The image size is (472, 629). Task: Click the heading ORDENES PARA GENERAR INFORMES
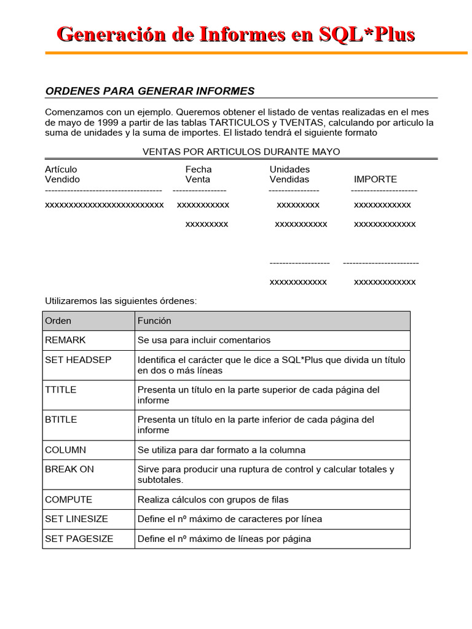(x=149, y=91)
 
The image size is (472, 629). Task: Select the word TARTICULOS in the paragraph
(x=235, y=122)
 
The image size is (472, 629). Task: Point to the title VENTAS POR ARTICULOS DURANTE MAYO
(x=241, y=151)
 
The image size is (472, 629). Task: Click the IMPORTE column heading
(x=375, y=179)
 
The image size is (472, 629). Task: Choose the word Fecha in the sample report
(x=199, y=169)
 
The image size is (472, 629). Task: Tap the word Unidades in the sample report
(x=289, y=169)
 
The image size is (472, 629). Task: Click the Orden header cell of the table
(x=58, y=321)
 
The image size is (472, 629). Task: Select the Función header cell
(x=154, y=321)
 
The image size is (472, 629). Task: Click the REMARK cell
(x=66, y=340)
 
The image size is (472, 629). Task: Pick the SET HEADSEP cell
(x=78, y=359)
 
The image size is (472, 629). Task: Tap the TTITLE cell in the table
(x=61, y=389)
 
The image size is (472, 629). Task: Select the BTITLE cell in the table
(x=61, y=420)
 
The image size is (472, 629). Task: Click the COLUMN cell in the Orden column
(x=66, y=450)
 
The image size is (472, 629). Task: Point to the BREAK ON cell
(x=69, y=469)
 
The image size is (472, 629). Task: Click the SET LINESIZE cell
(x=76, y=519)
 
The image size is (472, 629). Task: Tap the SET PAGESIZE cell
(x=79, y=539)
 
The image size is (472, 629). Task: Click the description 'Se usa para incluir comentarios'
(x=203, y=340)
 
